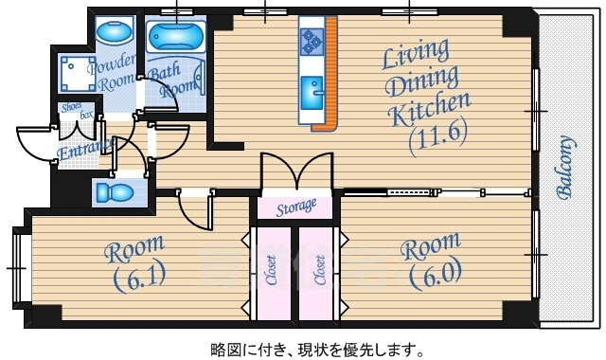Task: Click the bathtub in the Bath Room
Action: pos(176,37)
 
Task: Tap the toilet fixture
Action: pos(115,192)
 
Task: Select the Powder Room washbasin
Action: pos(114,32)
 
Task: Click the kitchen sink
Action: pos(312,93)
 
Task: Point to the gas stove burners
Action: pos(312,41)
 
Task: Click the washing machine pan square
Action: pos(78,74)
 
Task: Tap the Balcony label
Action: pos(565,168)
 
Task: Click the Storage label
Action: pos(296,207)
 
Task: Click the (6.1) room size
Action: pos(140,276)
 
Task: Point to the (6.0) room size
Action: pos(436,274)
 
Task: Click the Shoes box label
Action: pos(76,110)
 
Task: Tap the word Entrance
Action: pos(86,149)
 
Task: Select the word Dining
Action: pos(422,81)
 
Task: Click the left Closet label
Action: pos(272,270)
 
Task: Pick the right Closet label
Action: pos(320,270)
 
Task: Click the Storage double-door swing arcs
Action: pos(296,171)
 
